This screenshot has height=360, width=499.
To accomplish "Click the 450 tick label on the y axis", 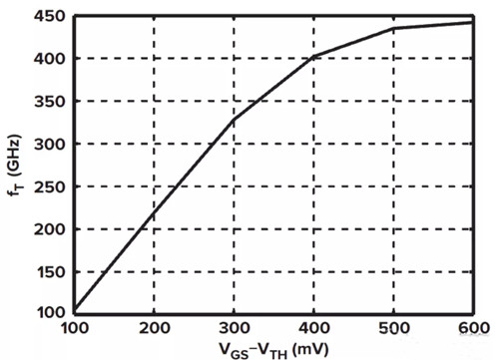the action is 50,16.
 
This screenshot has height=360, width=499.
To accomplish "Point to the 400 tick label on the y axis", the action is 50,59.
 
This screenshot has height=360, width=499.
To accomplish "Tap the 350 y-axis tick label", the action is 50,102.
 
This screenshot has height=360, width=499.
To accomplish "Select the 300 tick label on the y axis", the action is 50,145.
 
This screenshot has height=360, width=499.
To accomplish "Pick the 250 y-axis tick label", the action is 50,186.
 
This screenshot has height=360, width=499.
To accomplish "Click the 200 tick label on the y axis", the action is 50,229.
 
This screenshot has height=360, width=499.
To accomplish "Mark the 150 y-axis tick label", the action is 50,272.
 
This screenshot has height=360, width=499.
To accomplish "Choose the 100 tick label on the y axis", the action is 50,312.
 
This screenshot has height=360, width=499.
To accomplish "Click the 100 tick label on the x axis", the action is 75,328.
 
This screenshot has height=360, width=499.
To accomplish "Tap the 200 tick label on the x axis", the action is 154,328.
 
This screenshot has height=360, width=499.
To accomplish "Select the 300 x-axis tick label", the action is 234,328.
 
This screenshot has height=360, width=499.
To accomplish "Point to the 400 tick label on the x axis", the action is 313,328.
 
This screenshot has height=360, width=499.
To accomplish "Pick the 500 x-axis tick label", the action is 394,328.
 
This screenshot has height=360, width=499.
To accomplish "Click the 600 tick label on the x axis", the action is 474,328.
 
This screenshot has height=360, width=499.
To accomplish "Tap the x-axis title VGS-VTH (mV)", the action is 273,351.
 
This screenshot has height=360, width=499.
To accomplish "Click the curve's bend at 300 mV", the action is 234,119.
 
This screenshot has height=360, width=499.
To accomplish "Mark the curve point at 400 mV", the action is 313,57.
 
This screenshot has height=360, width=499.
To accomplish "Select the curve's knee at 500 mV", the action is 394,29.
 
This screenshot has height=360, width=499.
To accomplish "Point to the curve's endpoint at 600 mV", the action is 472,23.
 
